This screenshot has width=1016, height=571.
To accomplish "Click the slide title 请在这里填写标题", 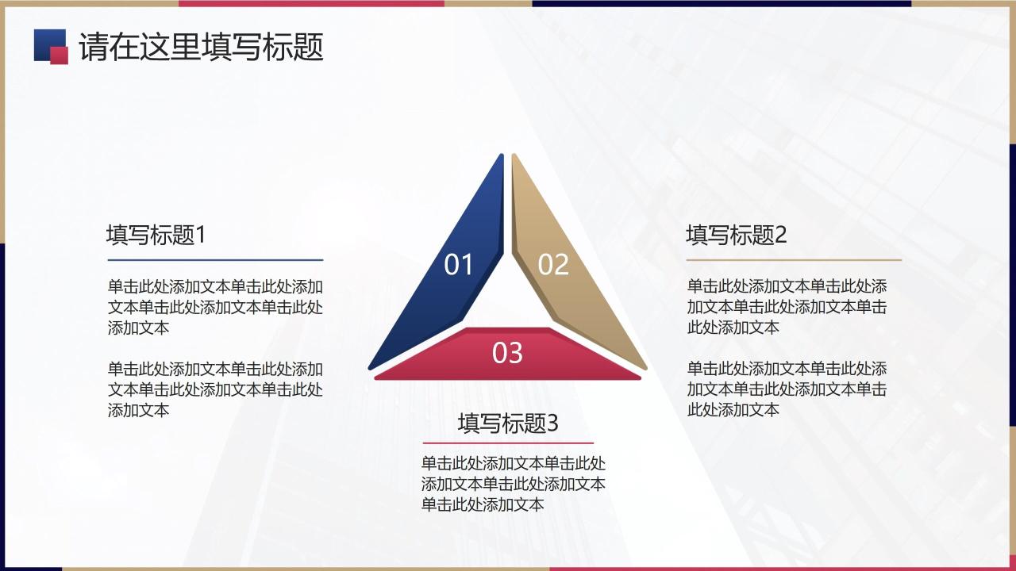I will pos(201,48).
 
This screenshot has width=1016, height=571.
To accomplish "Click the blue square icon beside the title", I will pos(46,41).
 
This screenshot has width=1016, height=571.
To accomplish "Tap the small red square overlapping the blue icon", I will pos(60,55).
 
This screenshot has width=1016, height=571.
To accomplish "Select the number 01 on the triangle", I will pos(458,265).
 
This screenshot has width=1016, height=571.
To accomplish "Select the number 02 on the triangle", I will pos(553,265).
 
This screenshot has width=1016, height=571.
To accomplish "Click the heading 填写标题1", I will pos(156,235).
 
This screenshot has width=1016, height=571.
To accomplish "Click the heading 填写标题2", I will pos(736,235).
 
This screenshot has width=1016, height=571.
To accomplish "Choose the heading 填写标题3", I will pos(507,423).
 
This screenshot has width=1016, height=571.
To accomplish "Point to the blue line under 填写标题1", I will pos(215,259).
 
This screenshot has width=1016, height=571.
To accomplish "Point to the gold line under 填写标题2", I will pos(794,259).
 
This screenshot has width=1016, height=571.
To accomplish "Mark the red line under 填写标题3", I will pos(507,443).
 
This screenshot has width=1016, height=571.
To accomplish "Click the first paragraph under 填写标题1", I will pos(215,307).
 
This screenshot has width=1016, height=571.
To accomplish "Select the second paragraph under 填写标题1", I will pos(215,389).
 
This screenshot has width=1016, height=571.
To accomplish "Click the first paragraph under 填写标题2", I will pos(787,307).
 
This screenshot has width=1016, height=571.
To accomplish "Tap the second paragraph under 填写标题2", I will pos(787,389).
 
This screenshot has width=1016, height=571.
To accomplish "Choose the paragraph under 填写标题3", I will pos(513,484).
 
